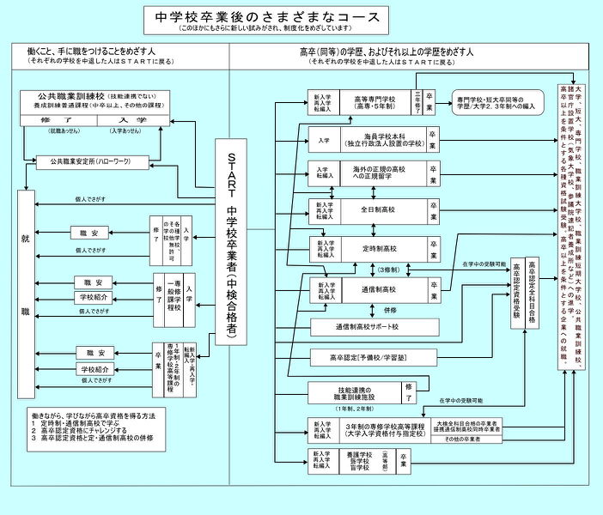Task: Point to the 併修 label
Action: [x=391, y=310]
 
